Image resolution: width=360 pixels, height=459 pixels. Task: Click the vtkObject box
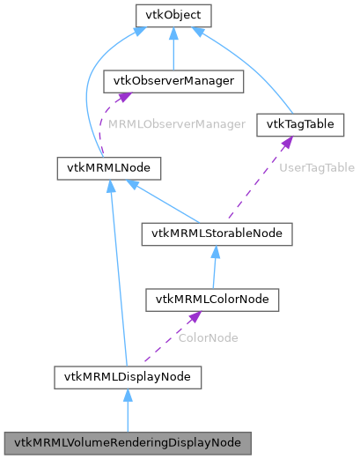(173, 15)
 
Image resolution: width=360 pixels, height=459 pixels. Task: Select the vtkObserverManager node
(173, 81)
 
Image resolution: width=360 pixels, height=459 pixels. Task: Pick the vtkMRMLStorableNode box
(217, 233)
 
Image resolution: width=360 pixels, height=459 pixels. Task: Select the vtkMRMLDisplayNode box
(128, 377)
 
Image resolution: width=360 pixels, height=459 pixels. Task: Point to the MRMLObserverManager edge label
(176, 124)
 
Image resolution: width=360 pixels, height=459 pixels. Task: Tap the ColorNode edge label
(208, 337)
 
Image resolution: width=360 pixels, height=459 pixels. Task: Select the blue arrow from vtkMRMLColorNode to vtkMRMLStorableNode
(216, 266)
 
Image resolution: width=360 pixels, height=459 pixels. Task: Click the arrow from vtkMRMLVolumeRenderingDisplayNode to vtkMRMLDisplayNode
(128, 410)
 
